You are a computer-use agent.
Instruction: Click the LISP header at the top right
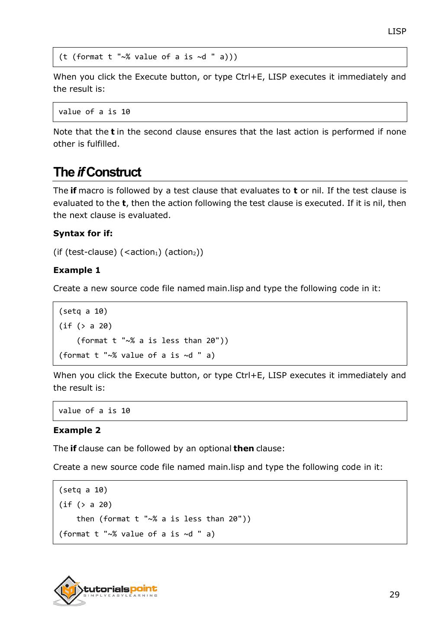click(x=396, y=32)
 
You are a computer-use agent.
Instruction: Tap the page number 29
click(x=394, y=594)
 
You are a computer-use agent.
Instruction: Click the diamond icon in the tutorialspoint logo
click(x=68, y=590)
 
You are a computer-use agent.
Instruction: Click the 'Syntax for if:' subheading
click(x=83, y=233)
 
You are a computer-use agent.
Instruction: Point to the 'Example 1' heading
click(x=77, y=270)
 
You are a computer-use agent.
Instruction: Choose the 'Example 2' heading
click(x=77, y=430)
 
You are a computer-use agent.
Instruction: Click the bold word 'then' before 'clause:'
click(x=243, y=448)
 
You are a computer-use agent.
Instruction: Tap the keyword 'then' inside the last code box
click(x=85, y=519)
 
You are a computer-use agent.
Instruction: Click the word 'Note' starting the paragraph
click(x=63, y=132)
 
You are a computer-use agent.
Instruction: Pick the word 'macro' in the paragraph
click(x=91, y=190)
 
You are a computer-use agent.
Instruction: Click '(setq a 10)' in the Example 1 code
click(x=83, y=311)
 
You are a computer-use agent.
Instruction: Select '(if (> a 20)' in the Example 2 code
click(x=85, y=504)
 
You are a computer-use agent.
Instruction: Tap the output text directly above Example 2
click(x=94, y=411)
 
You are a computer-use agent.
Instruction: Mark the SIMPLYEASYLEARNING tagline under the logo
click(x=120, y=596)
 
